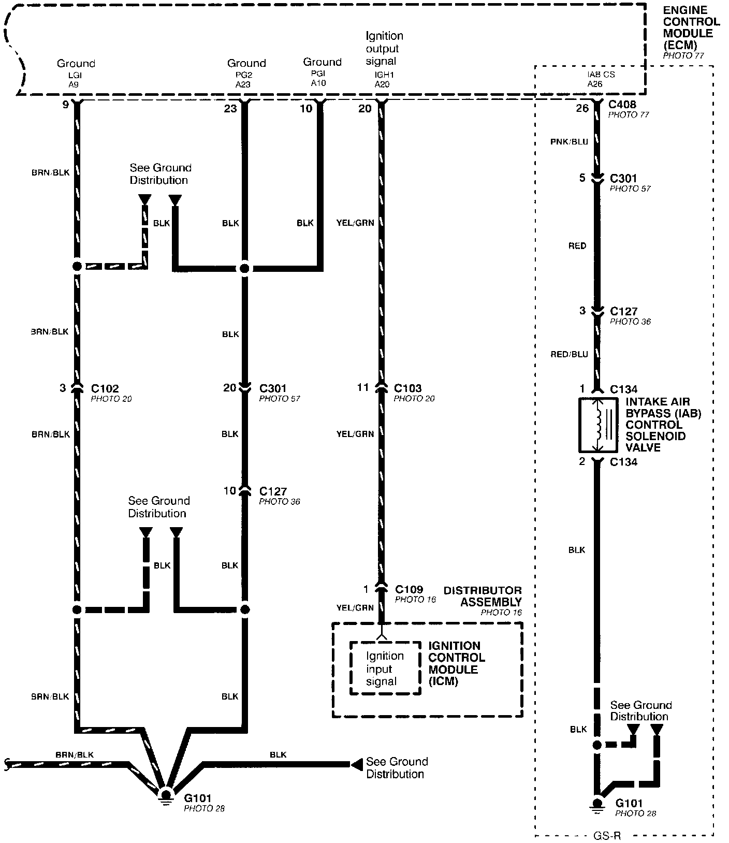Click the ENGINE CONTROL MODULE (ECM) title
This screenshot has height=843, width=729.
(691, 27)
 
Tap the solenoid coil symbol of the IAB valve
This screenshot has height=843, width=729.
(600, 425)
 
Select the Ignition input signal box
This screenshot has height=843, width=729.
(385, 668)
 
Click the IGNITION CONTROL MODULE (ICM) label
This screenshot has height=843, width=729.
(456, 663)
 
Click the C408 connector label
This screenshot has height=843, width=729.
(622, 105)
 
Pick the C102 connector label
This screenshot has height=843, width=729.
(105, 388)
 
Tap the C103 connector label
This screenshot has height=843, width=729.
(407, 388)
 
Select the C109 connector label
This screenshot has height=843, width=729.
(409, 589)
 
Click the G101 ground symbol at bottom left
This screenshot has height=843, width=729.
(166, 795)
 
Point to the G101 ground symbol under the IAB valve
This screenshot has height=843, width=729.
(597, 805)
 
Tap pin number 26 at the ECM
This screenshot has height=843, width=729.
(582, 108)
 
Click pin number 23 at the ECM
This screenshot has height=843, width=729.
(230, 108)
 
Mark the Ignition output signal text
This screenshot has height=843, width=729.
(384, 49)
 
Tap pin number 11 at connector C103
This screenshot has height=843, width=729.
(363, 388)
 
